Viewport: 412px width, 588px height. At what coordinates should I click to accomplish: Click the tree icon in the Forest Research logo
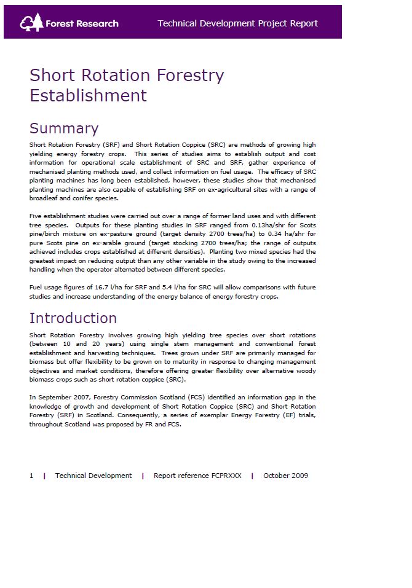coord(31,22)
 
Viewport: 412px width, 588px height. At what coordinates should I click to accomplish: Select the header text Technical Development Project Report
coord(237,23)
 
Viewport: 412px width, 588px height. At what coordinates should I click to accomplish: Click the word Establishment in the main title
coord(88,95)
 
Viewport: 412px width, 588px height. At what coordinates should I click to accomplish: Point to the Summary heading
coord(64,128)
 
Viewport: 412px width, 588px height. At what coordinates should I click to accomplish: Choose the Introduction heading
coord(73,318)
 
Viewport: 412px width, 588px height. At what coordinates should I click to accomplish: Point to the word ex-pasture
coord(120,234)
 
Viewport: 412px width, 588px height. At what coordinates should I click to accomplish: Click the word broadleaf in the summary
coord(45,198)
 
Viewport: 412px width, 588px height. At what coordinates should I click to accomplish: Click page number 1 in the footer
coord(31,476)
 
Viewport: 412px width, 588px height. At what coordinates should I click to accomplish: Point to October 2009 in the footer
coord(285,476)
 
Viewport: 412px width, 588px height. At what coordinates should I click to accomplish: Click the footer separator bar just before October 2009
coord(252,476)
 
